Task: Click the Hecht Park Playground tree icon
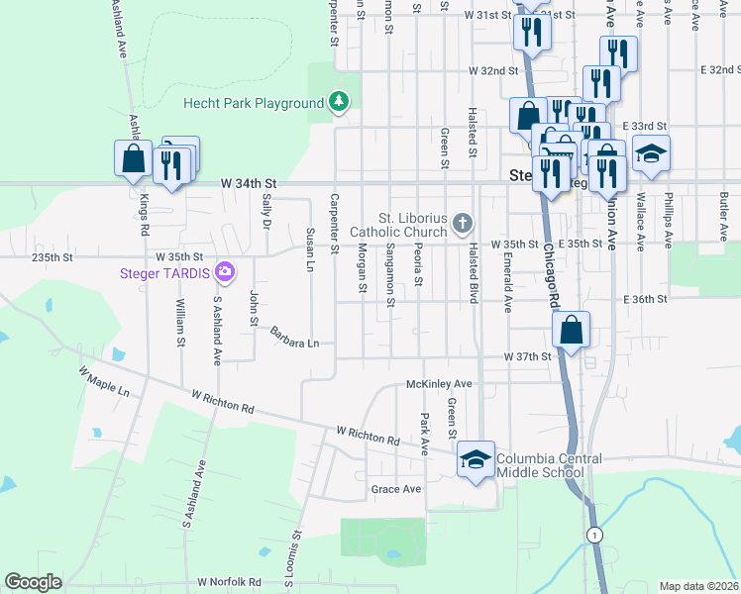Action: tap(339, 102)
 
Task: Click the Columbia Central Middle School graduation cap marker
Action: tap(476, 459)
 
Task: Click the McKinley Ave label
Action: tap(439, 383)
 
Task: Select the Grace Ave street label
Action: tap(395, 489)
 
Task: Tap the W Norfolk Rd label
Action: tap(229, 582)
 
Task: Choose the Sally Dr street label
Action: tap(265, 211)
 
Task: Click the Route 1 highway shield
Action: tap(593, 535)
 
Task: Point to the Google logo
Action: tap(33, 582)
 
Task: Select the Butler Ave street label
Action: tap(724, 207)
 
